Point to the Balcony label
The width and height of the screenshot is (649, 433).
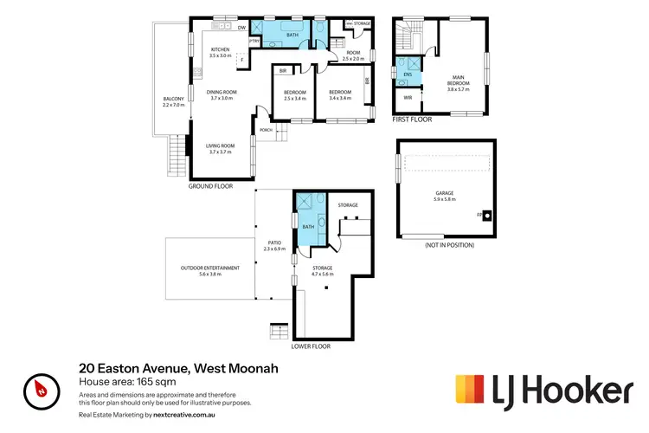[x=174, y=101]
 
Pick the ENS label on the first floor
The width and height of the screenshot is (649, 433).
[x=407, y=75]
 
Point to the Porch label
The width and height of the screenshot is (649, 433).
[x=267, y=131]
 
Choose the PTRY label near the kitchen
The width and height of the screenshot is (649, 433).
[x=254, y=41]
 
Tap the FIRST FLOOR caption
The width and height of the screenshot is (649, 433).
[x=411, y=120]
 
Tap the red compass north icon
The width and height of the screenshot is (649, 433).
[x=41, y=388]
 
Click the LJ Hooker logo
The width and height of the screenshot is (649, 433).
[x=543, y=389]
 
